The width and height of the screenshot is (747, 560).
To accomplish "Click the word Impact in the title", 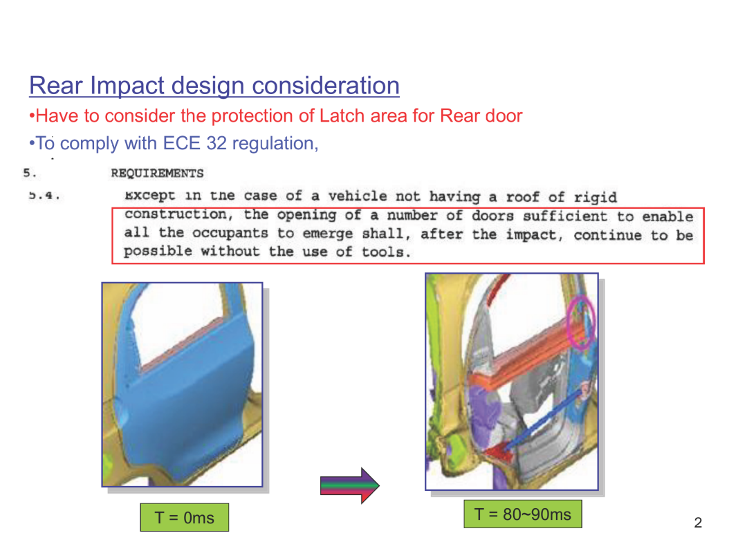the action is tap(127, 86).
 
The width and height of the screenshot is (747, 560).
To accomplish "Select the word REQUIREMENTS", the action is tap(157, 174).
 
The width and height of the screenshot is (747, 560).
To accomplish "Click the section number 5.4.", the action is tap(44, 195).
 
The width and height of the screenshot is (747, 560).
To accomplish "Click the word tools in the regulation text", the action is tap(385, 252).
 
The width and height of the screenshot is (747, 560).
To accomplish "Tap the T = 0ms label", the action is tap(185, 517).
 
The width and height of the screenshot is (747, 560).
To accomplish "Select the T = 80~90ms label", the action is tap(523, 514).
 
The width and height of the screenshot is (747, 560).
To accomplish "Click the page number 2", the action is tap(698, 523).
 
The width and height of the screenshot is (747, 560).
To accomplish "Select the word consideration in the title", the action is tap(325, 86).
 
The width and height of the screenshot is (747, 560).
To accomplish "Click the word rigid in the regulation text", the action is tap(595, 197).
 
